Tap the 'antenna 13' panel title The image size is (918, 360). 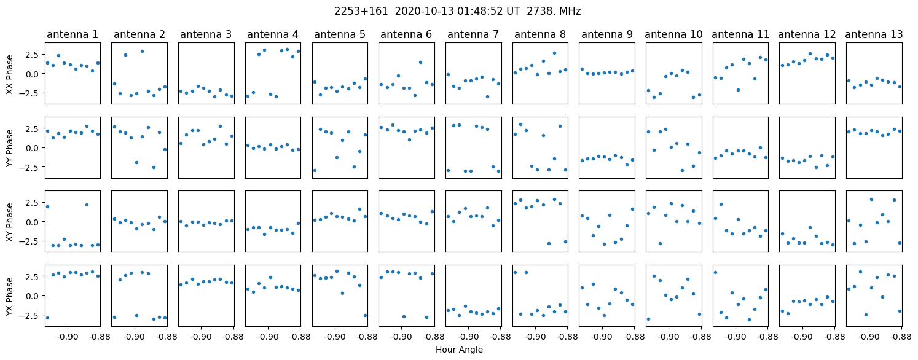pos(874,34)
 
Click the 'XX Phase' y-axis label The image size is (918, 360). pos(9,74)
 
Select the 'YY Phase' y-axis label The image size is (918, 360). pos(9,147)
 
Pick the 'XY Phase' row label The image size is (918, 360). pos(9,221)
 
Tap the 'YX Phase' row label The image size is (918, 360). pos(9,295)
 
